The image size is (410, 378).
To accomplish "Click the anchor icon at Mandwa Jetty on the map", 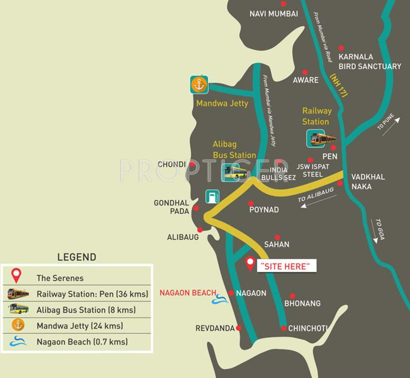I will click(200, 85).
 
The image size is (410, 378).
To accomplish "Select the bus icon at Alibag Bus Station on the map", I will click(235, 172).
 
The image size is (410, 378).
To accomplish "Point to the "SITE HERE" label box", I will click(286, 266).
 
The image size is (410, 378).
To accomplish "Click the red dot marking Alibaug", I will click(200, 229).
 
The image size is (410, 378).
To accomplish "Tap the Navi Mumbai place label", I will click(273, 14).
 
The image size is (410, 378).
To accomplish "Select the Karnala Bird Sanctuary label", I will click(370, 62).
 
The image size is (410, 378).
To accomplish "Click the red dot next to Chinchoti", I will click(283, 328).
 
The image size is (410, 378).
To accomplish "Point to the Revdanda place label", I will click(215, 328).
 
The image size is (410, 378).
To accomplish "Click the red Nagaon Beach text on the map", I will click(188, 293).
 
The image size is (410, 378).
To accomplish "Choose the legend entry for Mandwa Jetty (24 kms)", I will click(79, 326).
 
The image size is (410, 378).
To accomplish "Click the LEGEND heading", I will click(76, 257).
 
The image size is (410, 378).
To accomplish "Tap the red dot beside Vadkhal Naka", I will click(340, 183).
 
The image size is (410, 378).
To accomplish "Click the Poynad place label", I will click(264, 210).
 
